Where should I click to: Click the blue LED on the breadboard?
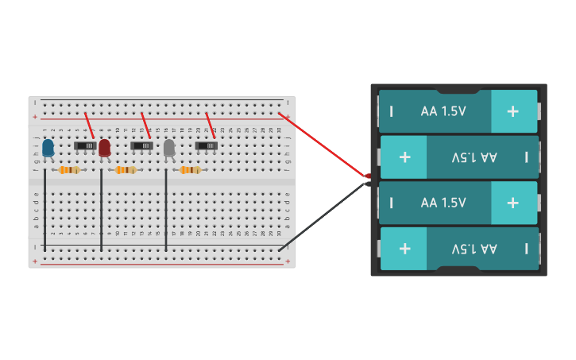48,148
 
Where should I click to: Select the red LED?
104,148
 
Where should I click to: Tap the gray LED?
169,148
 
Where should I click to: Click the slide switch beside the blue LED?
84,145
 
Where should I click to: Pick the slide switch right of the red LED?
141,145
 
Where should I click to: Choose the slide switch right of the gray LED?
206,145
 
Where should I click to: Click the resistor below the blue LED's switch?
70,170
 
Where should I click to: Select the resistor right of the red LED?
126,170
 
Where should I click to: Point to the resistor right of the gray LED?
190,170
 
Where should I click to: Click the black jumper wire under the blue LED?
44,211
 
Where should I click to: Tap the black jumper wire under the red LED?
101,211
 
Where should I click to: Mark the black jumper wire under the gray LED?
166,211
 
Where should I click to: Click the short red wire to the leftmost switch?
89,126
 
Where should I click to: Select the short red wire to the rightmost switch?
211,126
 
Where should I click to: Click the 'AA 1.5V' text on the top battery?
443,111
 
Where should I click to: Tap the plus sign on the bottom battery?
404,249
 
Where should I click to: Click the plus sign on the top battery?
512,111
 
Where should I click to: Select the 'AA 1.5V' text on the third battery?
443,203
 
